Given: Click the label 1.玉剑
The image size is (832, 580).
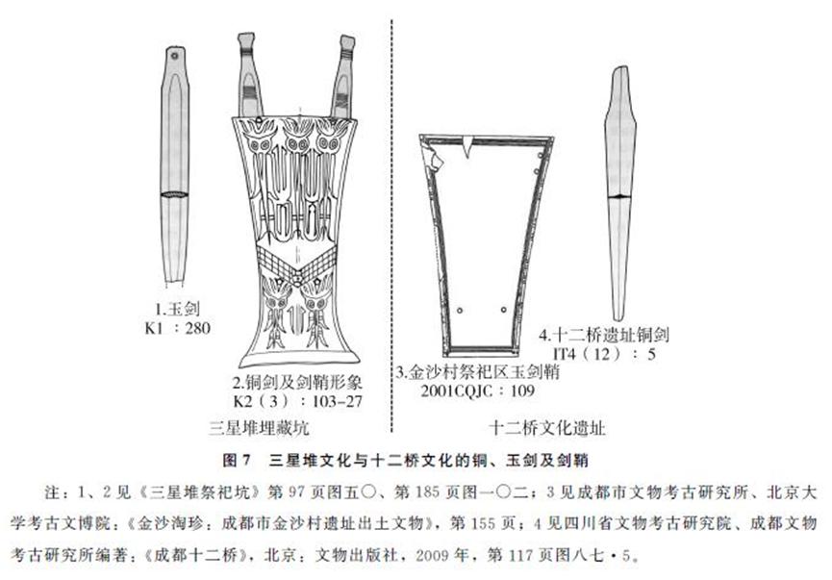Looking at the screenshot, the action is [177, 309].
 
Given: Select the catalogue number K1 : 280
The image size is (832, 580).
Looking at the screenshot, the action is [177, 328].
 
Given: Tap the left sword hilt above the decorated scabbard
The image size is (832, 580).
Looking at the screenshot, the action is [249, 76].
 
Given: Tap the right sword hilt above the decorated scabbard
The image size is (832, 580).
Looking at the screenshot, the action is [342, 77].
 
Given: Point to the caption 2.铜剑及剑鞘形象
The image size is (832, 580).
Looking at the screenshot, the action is [297, 382].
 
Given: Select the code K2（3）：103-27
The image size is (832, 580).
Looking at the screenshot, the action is [297, 401].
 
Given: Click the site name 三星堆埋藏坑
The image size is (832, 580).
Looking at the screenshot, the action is [259, 428].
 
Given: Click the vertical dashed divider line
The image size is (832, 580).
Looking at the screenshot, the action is [391, 225].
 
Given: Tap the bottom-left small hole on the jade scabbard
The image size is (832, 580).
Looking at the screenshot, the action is [460, 310].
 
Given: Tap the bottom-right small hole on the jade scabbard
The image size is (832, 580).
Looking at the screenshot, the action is [504, 310].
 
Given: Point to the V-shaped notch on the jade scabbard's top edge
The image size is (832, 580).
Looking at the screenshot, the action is [467, 147].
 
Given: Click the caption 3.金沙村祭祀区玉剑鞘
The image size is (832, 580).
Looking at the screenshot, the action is [477, 371].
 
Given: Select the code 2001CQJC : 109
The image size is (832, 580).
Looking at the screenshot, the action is [477, 391].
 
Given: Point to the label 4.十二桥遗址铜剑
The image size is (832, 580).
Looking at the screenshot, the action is [604, 335].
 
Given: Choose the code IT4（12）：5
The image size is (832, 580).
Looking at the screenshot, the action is [604, 353].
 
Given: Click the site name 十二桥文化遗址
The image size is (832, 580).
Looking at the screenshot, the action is [546, 428].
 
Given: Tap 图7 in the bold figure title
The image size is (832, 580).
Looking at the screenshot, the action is [237, 460].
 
